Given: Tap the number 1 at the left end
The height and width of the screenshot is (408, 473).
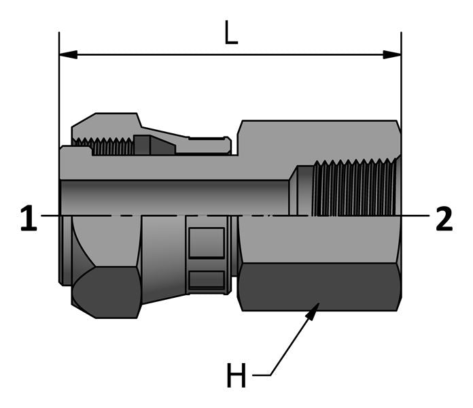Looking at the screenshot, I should tap(28, 219).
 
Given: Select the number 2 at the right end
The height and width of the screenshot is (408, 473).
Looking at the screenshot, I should tap(444, 219).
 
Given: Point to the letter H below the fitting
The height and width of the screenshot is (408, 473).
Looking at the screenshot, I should tap(236, 375).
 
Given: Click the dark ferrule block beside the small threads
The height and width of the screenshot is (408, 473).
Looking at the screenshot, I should tap(147, 145).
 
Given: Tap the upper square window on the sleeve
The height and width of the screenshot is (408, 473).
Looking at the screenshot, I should tap(206, 243).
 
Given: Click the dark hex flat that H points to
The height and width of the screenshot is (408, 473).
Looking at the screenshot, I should tap(319, 286).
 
